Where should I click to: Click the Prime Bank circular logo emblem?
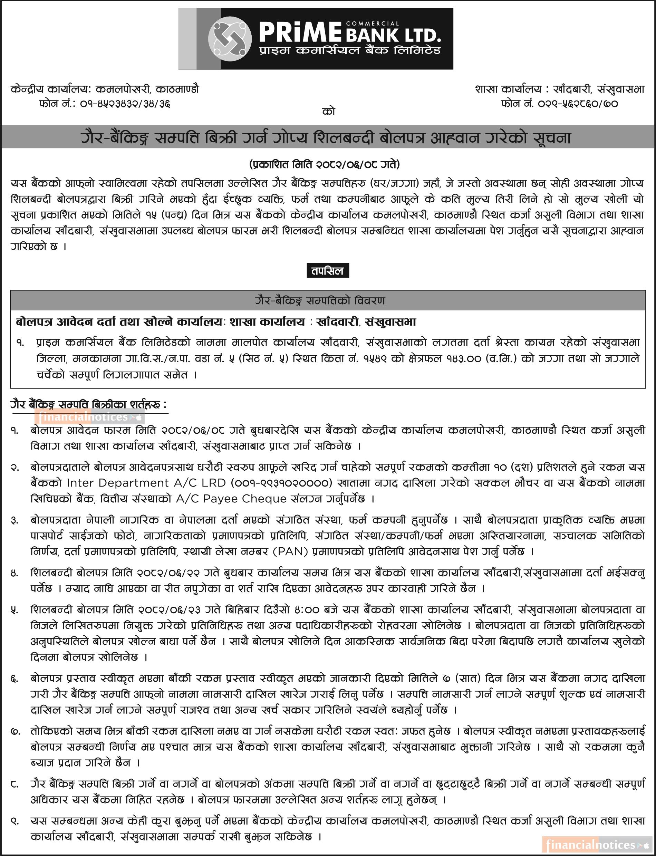(230, 38)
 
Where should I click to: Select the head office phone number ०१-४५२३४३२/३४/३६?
(125, 104)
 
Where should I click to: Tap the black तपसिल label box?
(328, 271)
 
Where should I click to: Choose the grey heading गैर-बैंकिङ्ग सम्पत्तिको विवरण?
(319, 301)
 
